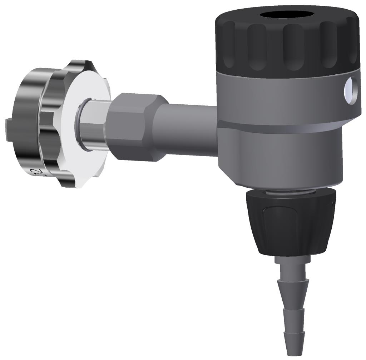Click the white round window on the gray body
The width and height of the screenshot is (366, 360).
click(348, 91)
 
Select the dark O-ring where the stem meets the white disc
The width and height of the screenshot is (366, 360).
click(79, 123)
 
